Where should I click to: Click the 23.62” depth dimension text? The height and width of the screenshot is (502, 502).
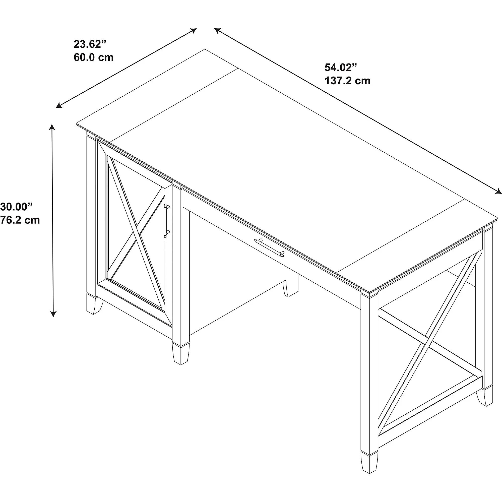point(90,44)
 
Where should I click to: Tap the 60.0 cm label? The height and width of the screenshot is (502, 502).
point(94,57)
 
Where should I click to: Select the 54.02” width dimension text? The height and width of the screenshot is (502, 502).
point(341,68)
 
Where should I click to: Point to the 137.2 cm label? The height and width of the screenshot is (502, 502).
point(347,81)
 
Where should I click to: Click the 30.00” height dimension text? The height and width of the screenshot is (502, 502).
point(17,207)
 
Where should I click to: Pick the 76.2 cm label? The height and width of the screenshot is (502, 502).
point(20,220)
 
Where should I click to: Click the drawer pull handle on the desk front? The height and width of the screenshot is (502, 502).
point(269,248)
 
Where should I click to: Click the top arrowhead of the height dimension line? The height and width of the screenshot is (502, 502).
point(52,127)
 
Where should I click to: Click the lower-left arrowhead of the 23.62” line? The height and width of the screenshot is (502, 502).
point(58,106)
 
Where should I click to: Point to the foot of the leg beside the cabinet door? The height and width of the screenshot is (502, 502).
point(180,355)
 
